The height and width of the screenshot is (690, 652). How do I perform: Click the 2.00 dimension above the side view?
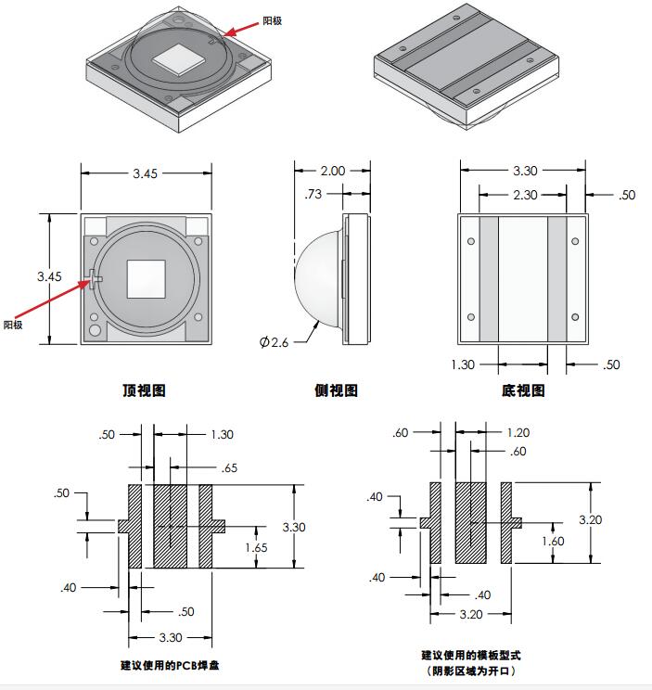pos(332,171)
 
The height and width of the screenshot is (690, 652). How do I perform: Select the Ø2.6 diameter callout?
pos(275,342)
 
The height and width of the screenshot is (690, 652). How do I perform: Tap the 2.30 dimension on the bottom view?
pos(524,195)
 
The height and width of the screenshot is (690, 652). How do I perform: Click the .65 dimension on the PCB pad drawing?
pos(229,468)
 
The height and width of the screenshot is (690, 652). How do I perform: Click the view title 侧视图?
pos(336,390)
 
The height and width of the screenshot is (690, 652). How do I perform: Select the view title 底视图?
pos(523,390)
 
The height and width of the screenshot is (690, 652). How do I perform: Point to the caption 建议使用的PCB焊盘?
pos(170,665)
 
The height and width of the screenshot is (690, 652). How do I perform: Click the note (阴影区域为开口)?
pos(470,671)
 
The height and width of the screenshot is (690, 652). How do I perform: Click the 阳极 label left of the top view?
pos(12,325)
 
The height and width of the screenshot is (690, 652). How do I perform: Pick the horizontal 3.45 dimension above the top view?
pos(146,172)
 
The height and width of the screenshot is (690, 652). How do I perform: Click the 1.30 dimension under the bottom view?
pos(463,364)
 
